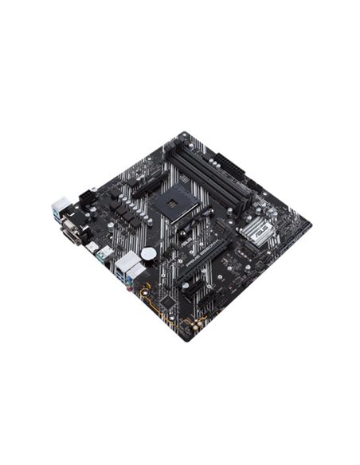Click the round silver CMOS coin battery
(x=149, y=254)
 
